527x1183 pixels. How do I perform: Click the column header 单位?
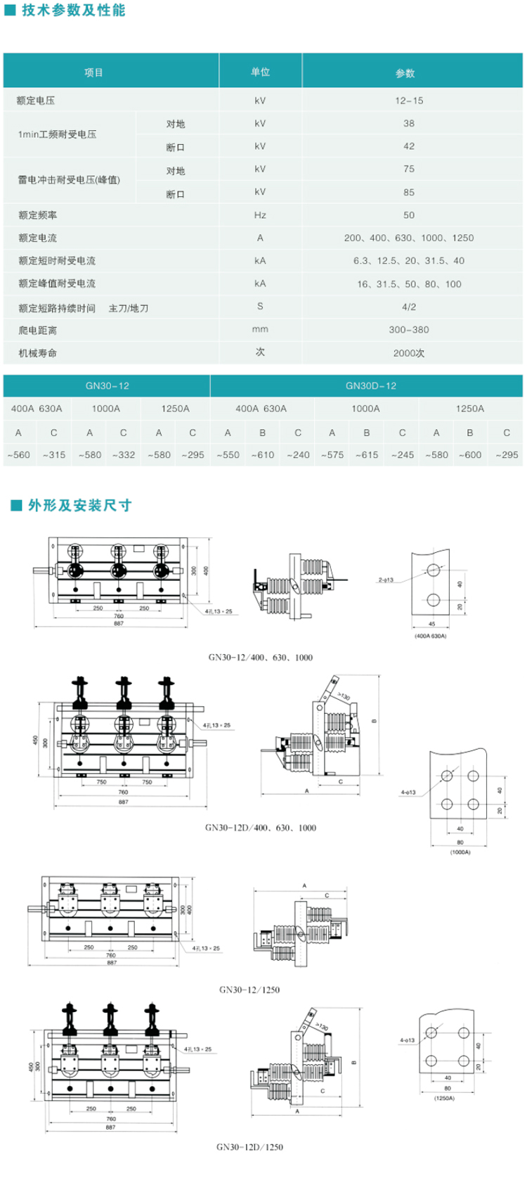260,72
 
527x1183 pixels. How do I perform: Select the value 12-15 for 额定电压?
409,101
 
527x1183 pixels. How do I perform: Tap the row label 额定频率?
38,215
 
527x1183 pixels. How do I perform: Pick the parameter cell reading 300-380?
409,330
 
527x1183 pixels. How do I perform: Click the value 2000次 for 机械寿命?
409,353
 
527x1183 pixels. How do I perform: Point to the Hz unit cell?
260,215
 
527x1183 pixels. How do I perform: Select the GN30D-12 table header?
370,386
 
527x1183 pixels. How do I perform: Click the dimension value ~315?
53,455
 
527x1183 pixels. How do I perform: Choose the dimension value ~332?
123,455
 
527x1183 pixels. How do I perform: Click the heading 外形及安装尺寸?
79,505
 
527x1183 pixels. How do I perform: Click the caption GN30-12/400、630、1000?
260,658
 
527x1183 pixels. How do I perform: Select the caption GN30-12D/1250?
249,1147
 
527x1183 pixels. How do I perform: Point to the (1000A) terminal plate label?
460,852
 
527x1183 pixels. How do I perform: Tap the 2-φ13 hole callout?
385,580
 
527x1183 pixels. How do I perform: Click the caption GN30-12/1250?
249,990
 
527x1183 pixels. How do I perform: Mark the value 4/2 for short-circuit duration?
409,307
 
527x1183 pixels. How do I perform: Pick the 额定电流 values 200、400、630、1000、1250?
409,238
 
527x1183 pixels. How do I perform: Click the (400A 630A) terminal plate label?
430,636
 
